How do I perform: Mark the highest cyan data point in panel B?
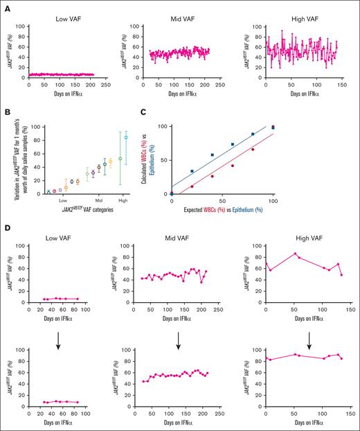pyautogui.click(x=126, y=137)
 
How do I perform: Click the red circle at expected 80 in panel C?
pyautogui.click(x=253, y=150)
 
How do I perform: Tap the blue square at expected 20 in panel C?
pyautogui.click(x=192, y=171)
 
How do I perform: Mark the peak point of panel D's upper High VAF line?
pyautogui.click(x=295, y=254)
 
